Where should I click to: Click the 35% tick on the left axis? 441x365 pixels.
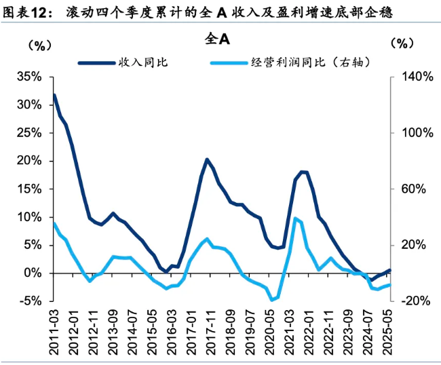click(29, 77)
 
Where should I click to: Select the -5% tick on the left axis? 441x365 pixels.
click(29, 301)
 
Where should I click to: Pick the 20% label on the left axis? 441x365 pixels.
click(29, 161)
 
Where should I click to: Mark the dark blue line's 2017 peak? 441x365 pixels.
click(207, 159)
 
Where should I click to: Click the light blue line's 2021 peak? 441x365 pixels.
click(294, 218)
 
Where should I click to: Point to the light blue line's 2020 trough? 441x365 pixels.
click(271, 300)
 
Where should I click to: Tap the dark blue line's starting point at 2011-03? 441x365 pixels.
click(54, 95)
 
